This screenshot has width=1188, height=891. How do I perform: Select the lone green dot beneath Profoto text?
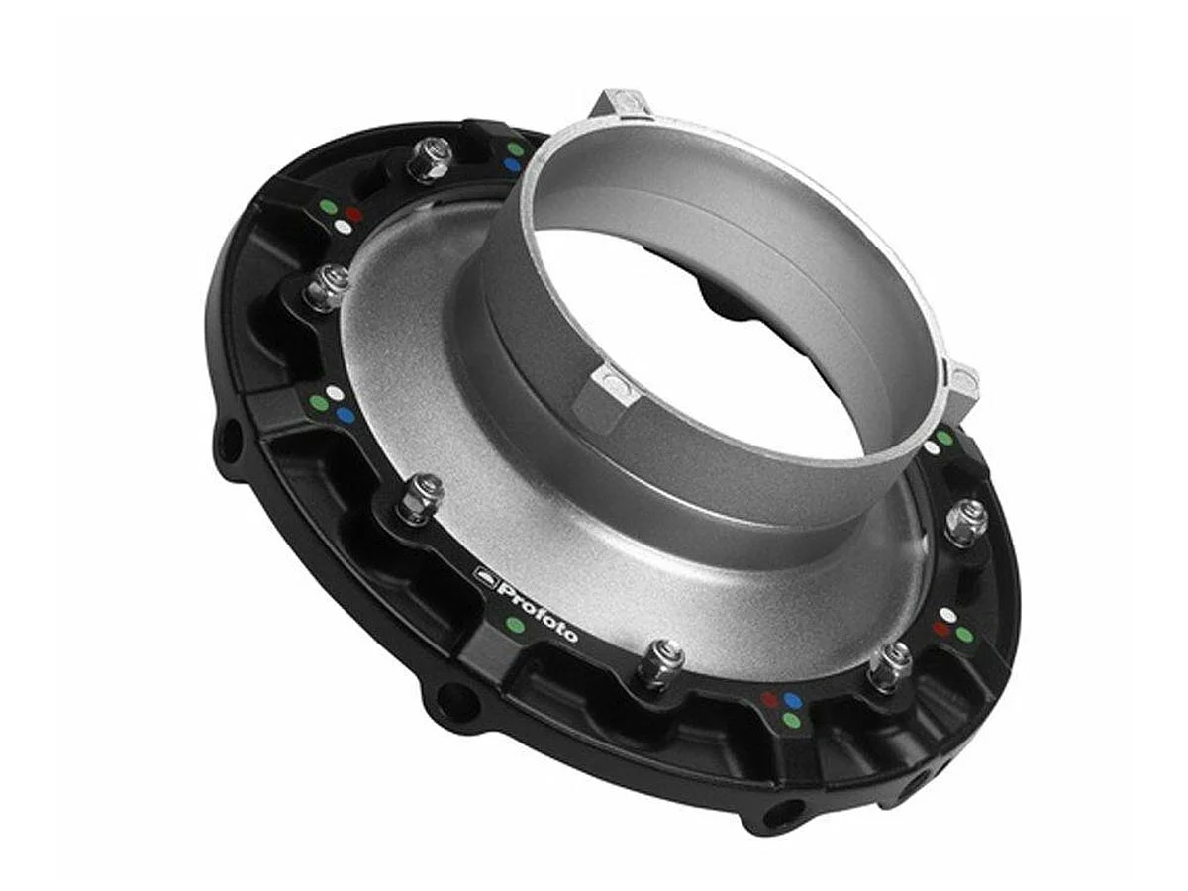coord(513,624)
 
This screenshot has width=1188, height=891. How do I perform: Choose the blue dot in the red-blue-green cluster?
coord(792,701)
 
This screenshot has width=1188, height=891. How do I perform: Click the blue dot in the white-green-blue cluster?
coord(345,415)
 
